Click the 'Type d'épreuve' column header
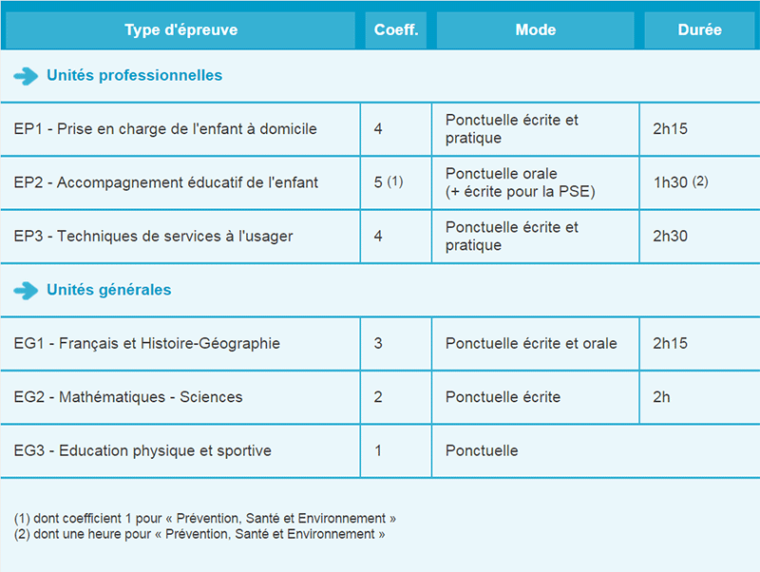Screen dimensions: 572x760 click(x=180, y=30)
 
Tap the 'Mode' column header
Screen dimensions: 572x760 click(x=536, y=30)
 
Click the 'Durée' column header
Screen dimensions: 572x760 click(x=699, y=30)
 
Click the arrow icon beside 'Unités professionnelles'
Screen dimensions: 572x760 click(x=27, y=76)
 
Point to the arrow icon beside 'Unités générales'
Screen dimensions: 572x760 click(x=27, y=291)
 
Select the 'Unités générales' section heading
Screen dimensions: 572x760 click(x=109, y=290)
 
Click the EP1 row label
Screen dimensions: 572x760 click(x=165, y=129)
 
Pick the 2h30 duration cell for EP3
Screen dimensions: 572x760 click(x=670, y=236)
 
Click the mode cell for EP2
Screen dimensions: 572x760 click(x=519, y=182)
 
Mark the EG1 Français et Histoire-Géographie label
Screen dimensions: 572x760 click(x=147, y=343)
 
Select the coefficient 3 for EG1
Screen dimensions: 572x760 click(x=378, y=343)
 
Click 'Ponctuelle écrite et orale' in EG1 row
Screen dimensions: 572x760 click(x=531, y=343)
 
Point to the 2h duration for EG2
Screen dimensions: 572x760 click(x=661, y=397)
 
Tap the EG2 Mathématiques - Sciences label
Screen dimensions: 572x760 click(x=128, y=397)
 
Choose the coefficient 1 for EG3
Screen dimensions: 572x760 click(x=378, y=450)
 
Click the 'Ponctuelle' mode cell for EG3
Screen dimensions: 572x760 click(x=482, y=450)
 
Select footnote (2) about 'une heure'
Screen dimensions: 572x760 click(x=199, y=534)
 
